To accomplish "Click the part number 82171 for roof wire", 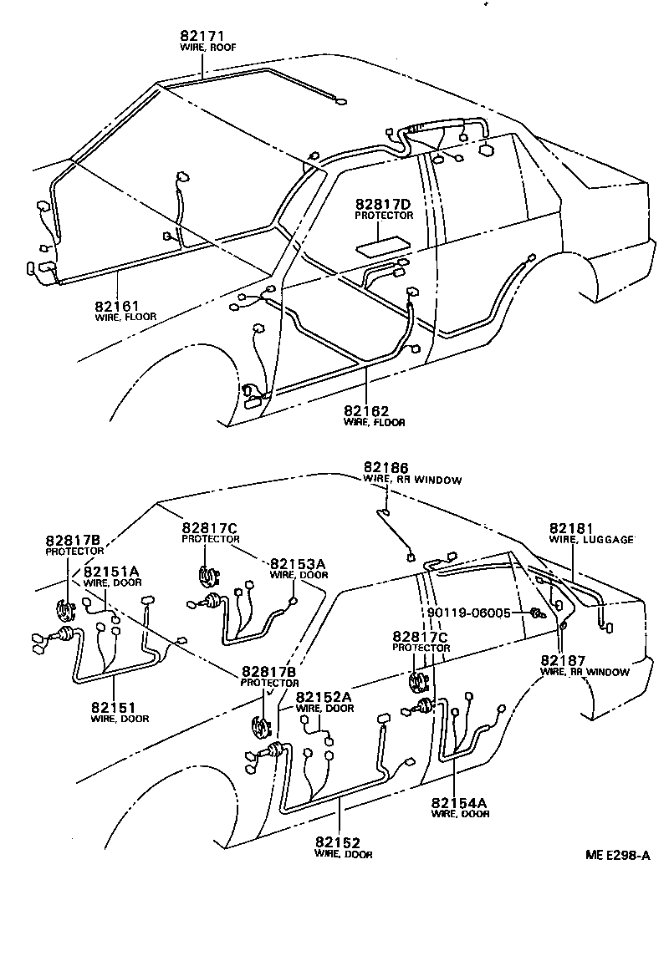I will (x=202, y=37).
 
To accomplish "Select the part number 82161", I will (x=117, y=306).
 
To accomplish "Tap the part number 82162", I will (x=365, y=411).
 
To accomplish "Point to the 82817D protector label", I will (x=383, y=205).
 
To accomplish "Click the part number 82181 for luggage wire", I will (x=571, y=529).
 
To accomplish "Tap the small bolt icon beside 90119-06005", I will (x=533, y=614).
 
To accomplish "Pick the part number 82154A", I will (x=458, y=803).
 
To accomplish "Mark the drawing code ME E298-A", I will (x=618, y=856).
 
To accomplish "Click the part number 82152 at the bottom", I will (x=337, y=843).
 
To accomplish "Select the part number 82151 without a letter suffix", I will (x=113, y=707).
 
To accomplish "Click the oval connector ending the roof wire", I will (x=340, y=102).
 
